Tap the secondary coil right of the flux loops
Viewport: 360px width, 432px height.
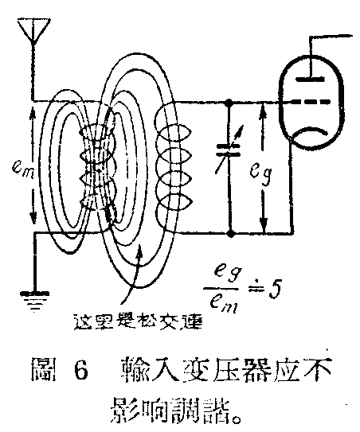172,169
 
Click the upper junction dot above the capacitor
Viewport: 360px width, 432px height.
229,103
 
